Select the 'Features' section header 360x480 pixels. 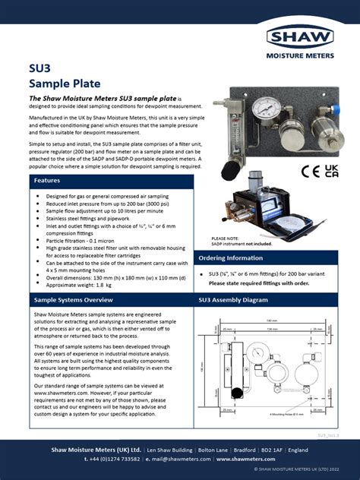(x=47, y=181)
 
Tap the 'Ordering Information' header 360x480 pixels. (x=232, y=258)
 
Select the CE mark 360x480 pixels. (x=308, y=172)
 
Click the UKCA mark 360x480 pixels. (x=331, y=171)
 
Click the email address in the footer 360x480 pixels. (x=187, y=459)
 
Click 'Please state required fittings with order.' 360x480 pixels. (x=260, y=283)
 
